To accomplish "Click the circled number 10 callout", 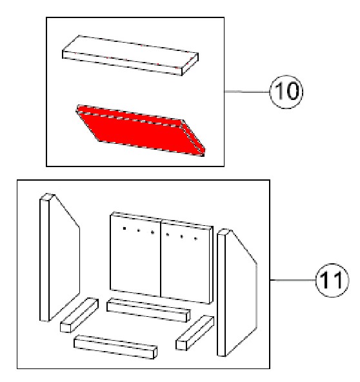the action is tap(286, 92).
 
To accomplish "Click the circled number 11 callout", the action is tap(332, 280).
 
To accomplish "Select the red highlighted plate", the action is tap(141, 130).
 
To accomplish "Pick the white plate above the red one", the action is tap(130, 55).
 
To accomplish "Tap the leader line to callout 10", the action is tap(247, 92).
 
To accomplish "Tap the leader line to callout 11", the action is tap(293, 280).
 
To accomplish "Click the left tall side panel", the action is tap(59, 257).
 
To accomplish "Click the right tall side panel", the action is tap(237, 292).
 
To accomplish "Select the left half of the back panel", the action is tap(135, 254).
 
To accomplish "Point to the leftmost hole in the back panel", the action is tap(125, 228).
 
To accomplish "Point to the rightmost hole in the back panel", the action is tap(195, 239).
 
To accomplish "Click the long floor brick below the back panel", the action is tap(148, 310).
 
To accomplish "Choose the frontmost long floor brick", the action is tap(115, 347).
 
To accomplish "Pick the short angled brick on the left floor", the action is tap(79, 315).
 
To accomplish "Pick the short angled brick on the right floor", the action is tap(195, 333).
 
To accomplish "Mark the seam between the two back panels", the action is tap(161, 258).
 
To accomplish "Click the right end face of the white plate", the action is tap(190, 65).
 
